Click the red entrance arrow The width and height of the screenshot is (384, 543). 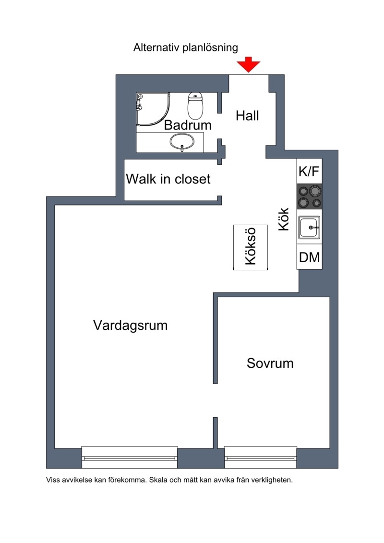coord(248,65)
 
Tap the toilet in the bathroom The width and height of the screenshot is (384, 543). coord(195,106)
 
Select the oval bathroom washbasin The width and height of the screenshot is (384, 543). coord(182,142)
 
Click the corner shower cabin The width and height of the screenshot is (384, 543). coord(153,109)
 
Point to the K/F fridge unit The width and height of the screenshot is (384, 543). coord(309,171)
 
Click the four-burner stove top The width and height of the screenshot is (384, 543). coord(310,196)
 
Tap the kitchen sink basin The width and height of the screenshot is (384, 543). coord(310,227)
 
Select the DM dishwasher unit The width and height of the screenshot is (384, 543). coord(310,257)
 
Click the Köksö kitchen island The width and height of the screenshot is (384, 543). coord(251,247)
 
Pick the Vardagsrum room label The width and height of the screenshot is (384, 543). coord(131,325)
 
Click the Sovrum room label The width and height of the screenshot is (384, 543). coord(270,363)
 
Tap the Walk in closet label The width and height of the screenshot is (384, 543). coord(168,179)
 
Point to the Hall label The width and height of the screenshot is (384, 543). coord(247,116)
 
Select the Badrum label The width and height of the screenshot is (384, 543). coord(188,125)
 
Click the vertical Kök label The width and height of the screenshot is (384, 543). coord(284,219)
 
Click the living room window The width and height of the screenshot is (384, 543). coord(130,458)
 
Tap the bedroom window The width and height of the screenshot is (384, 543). coord(260,458)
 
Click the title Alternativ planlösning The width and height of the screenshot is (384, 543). coord(186,48)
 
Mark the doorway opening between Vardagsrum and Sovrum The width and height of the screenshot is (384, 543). coord(215,400)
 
